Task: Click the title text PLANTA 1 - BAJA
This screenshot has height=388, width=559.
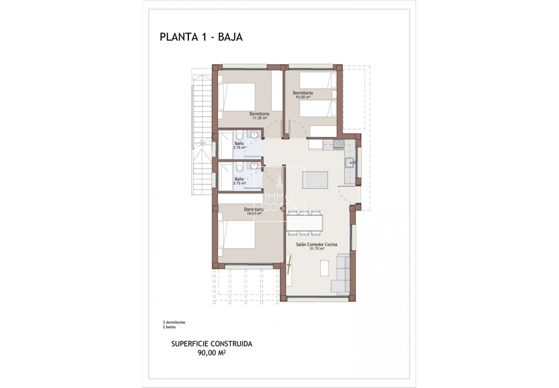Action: pyautogui.click(x=201, y=37)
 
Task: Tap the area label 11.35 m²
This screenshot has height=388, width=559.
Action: pyautogui.click(x=259, y=118)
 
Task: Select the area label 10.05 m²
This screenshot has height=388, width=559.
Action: pyautogui.click(x=302, y=97)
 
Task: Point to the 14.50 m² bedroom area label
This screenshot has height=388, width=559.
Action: pyautogui.click(x=254, y=213)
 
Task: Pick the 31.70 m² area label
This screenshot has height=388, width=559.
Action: pyautogui.click(x=317, y=249)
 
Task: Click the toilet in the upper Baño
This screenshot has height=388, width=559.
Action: pyautogui.click(x=239, y=136)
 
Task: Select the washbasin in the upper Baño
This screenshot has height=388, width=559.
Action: pyautogui.click(x=254, y=135)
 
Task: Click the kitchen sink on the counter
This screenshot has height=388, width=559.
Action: pyautogui.click(x=350, y=163)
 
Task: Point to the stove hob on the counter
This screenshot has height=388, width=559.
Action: pyautogui.click(x=337, y=143)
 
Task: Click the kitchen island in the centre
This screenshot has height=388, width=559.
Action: pyautogui.click(x=315, y=180)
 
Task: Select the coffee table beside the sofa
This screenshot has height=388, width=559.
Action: pyautogui.click(x=325, y=268)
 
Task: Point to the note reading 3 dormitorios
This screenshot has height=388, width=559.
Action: pyautogui.click(x=173, y=322)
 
